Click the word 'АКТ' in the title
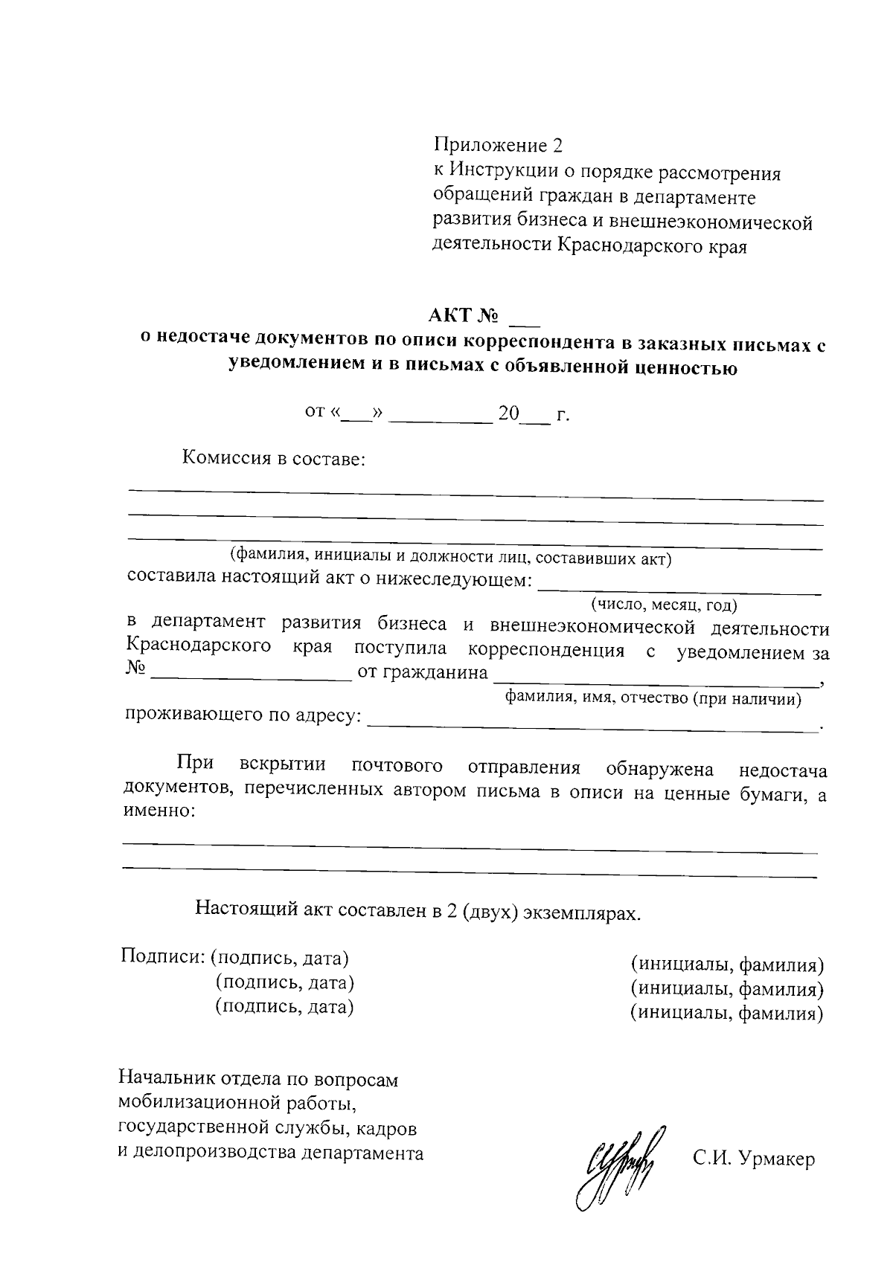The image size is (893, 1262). pyautogui.click(x=450, y=315)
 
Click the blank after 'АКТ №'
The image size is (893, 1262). pyautogui.click(x=524, y=320)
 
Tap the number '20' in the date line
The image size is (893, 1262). pyautogui.click(x=508, y=414)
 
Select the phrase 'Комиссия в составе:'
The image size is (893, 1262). pyautogui.click(x=274, y=459)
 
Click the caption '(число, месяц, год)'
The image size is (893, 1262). pyautogui.click(x=664, y=605)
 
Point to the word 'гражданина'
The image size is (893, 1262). pyautogui.click(x=423, y=674)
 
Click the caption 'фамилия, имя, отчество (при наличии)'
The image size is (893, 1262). pyautogui.click(x=653, y=698)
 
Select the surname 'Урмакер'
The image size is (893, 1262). pyautogui.click(x=776, y=1159)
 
